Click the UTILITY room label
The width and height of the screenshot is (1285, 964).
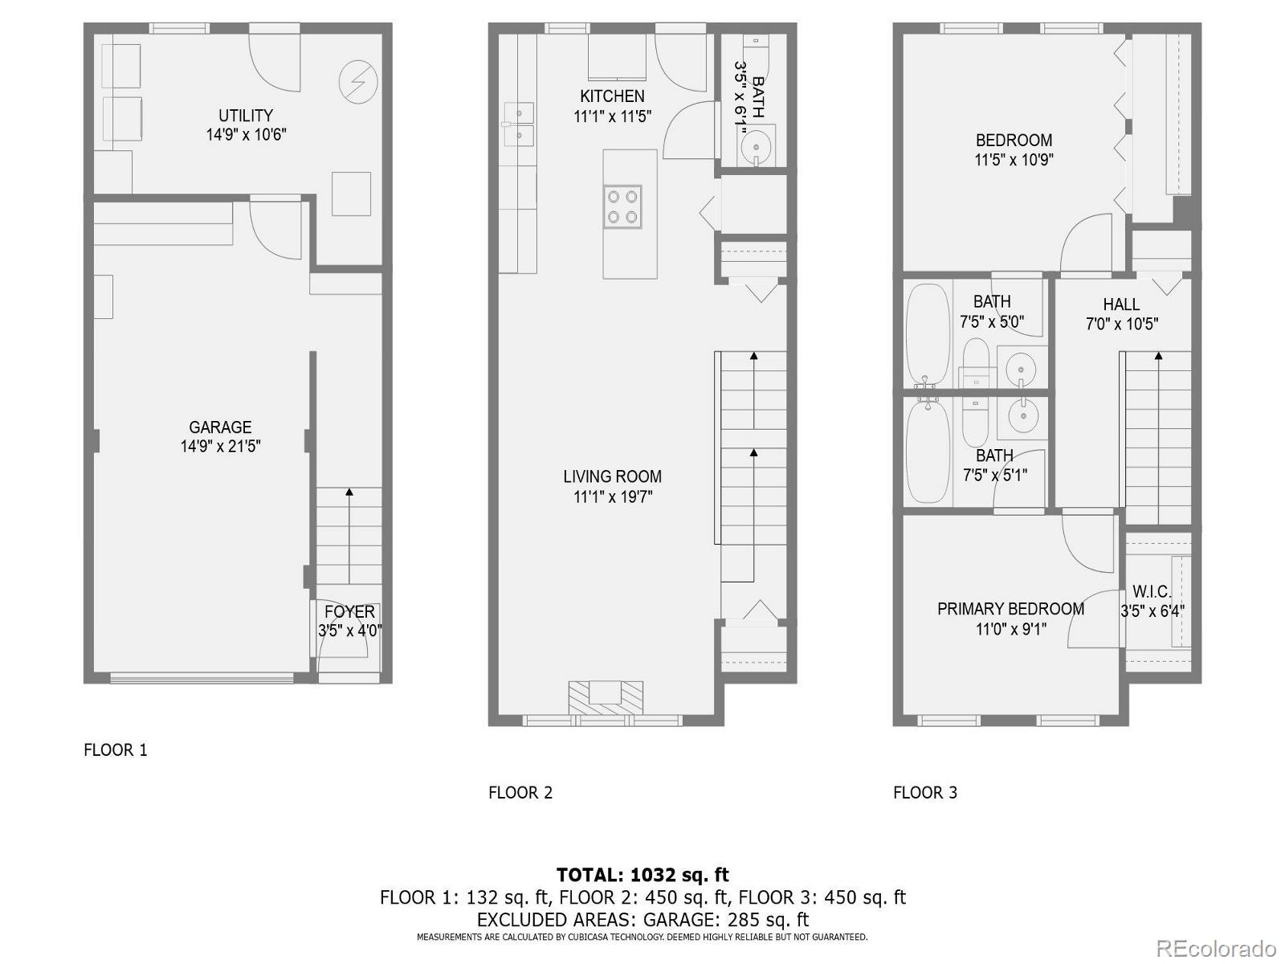246,116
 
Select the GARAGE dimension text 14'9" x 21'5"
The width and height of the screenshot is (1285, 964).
220,447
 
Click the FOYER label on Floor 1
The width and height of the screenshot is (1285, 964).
349,612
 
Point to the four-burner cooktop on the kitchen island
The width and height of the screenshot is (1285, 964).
622,206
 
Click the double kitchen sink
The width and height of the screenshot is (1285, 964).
520,124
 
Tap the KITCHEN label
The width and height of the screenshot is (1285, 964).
612,96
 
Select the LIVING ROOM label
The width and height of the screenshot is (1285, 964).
612,477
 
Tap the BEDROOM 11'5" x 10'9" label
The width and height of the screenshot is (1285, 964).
1014,141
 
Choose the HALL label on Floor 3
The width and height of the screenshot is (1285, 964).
1121,304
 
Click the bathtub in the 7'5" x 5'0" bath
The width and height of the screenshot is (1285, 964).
928,333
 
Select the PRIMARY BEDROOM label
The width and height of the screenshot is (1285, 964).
1010,609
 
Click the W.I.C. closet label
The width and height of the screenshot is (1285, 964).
1152,592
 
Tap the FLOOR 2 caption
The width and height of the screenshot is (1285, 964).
520,793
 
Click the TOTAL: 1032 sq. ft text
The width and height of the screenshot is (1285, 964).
642,875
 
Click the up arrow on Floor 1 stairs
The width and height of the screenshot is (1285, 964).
349,492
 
